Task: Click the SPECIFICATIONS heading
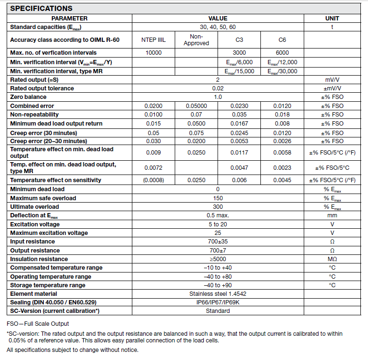tap(41, 8)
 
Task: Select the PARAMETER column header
tap(69, 18)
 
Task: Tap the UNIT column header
tap(332, 18)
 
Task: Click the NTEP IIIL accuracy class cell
tap(153, 40)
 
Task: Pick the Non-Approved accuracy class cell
tap(196, 40)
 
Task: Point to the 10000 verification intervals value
tap(153, 53)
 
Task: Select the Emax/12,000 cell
tap(282, 62)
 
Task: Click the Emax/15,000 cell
tap(239, 71)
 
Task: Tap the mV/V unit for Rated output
tap(332, 80)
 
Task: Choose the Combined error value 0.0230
tap(239, 106)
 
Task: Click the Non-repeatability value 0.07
tap(196, 115)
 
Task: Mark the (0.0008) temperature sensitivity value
tap(153, 180)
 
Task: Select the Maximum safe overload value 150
tap(218, 198)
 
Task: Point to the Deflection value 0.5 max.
tap(218, 215)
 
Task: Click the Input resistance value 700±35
tap(218, 242)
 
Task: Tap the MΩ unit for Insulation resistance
tap(332, 259)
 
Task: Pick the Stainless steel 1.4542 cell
tap(218, 294)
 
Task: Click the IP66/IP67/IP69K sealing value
tap(218, 302)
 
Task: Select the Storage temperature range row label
tap(48, 285)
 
